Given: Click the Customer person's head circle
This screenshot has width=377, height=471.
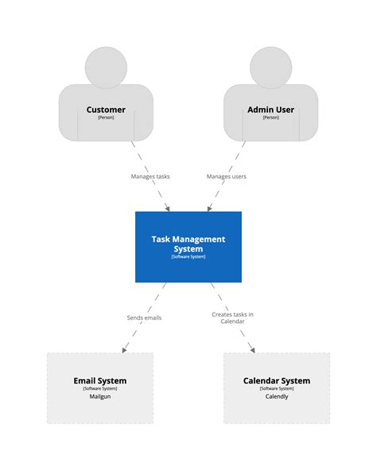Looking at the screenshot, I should pos(106,67).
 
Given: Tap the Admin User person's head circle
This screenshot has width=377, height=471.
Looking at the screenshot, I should pos(270,67).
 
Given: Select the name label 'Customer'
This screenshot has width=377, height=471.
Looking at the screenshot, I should pos(106,110).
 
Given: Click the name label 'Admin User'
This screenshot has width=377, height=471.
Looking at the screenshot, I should pos(270,110).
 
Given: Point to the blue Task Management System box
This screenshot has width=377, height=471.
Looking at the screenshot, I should pos(188,247).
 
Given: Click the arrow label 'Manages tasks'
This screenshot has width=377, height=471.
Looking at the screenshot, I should pos(150,177).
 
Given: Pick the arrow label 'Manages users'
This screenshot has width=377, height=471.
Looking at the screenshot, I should pos(227,177).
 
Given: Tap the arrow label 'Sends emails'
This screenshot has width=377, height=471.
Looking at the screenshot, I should pos(144,317).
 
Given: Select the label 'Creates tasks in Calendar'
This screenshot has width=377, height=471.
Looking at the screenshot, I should pos(232,317).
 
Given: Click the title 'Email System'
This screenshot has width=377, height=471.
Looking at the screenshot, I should pos(99,380).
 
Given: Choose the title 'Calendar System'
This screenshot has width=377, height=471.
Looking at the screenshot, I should pos(277,380).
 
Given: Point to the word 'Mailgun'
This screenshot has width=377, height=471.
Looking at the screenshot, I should pos(99,395).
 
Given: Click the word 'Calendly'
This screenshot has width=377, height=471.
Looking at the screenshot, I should pos(277,395).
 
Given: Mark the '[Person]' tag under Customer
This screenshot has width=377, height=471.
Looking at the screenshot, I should pos(106,118).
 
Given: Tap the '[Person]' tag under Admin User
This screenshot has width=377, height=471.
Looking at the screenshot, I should pos(270,118).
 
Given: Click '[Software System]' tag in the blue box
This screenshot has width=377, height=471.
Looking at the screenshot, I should pos(188,256).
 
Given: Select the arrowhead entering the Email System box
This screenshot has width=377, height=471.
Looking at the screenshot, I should pos(123,349).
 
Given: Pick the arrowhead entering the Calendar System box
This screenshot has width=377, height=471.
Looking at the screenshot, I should pos(252,349).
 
